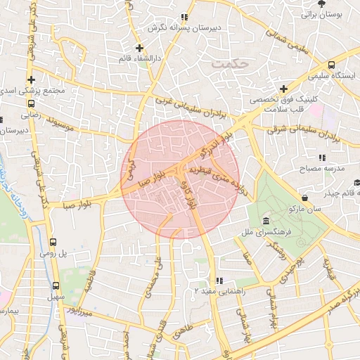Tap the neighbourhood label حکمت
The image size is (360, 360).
(230, 64)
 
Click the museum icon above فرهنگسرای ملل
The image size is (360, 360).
(264, 219)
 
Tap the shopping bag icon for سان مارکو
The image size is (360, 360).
(304, 198)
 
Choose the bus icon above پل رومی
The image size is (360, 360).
(53, 240)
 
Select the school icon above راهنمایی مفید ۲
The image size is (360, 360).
(219, 280)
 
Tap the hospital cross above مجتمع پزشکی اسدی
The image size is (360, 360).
(31, 79)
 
